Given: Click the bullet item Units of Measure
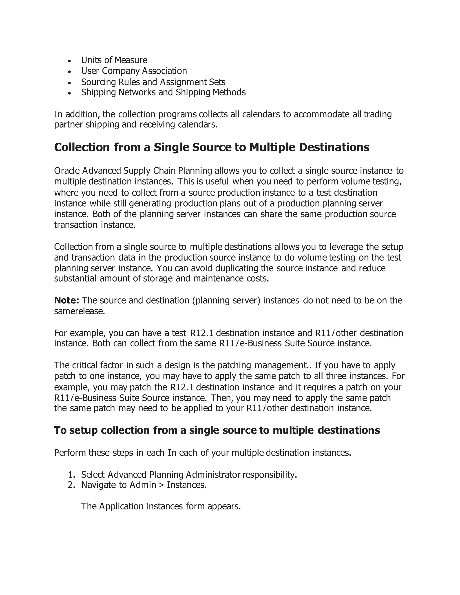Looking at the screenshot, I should pos(114,60).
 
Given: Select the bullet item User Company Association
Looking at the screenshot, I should pos(134,71).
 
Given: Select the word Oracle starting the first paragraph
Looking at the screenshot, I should pos(67,171).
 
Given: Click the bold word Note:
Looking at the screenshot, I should pos(66,300).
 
